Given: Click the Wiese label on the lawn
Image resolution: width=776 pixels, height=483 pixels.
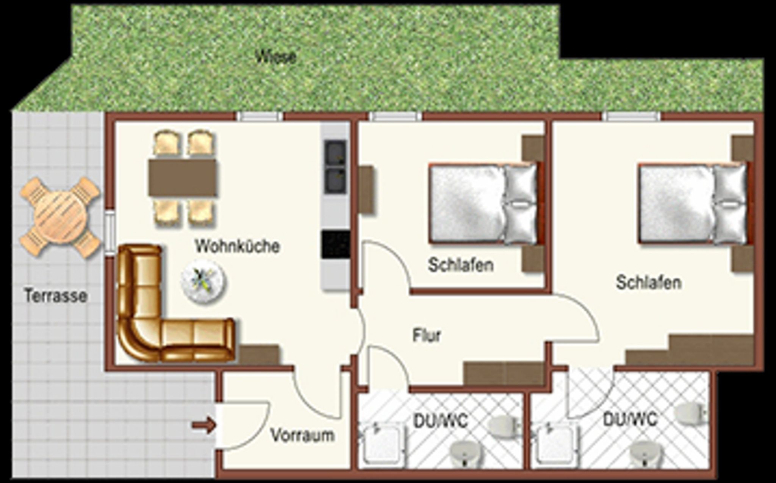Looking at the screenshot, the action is pyautogui.click(x=275, y=57).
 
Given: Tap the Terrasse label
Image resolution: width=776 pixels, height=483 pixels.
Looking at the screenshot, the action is pyautogui.click(x=56, y=295).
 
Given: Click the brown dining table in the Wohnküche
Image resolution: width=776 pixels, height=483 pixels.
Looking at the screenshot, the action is pyautogui.click(x=182, y=177).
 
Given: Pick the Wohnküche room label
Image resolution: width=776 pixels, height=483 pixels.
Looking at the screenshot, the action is pyautogui.click(x=238, y=246).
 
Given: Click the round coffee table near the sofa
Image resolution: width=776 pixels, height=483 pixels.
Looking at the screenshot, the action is pyautogui.click(x=203, y=281).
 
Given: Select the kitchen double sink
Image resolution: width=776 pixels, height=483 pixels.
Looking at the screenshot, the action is pyautogui.click(x=335, y=167).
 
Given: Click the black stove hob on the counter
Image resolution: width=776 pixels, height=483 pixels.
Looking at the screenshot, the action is pyautogui.click(x=336, y=245).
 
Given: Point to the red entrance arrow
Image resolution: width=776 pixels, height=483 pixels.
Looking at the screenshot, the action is pyautogui.click(x=204, y=425).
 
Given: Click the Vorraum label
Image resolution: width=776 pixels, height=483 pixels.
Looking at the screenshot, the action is pyautogui.click(x=302, y=436).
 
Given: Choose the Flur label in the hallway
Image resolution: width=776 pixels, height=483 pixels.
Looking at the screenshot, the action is pyautogui.click(x=427, y=336).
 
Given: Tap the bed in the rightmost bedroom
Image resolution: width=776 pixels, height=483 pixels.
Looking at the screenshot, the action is pyautogui.click(x=694, y=203).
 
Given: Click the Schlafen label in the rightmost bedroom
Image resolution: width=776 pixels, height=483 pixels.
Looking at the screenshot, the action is pyautogui.click(x=649, y=283).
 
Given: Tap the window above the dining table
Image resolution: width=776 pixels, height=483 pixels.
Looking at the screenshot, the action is pyautogui.click(x=260, y=116).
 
